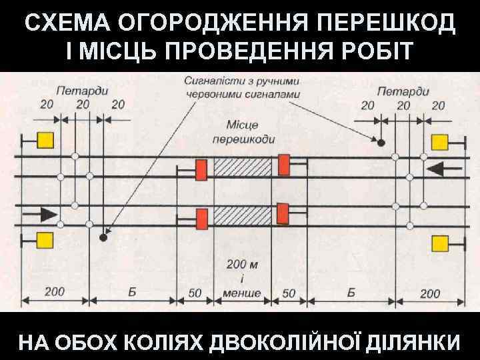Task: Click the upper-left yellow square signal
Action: [45, 140]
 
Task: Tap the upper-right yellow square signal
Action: [439, 141]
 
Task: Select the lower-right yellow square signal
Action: [439, 243]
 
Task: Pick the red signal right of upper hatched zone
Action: [284, 165]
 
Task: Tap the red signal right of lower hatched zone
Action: [283, 213]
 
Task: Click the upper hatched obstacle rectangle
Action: [242, 167]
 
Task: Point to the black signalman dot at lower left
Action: [103, 237]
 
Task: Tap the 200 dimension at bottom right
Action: [430, 293]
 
